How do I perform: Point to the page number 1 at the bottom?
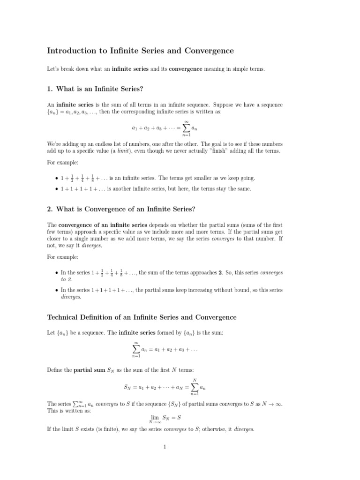165,447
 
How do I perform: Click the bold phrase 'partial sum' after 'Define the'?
90,370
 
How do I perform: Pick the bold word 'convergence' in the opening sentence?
186,69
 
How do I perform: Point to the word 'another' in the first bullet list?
122,188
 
